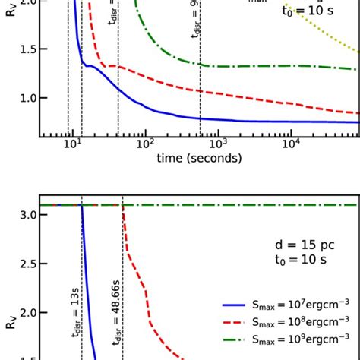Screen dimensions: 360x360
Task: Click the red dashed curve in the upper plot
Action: coord(228,94)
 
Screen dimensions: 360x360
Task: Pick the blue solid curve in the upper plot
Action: coord(228,118)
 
